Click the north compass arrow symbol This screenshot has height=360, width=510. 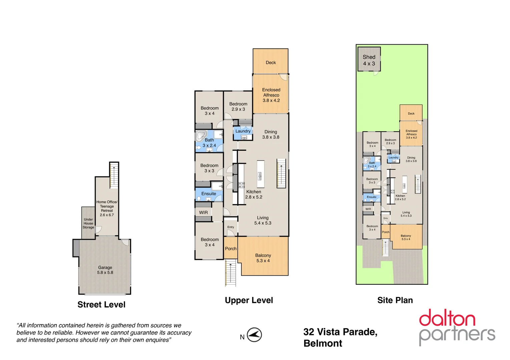[254, 335]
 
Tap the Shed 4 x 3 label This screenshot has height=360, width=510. [369, 60]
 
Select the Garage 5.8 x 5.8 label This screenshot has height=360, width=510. [105, 270]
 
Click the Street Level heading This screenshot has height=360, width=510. [101, 305]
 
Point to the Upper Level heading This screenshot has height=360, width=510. [249, 300]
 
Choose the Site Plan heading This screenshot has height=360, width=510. [395, 300]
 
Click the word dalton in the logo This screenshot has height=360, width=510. [447, 318]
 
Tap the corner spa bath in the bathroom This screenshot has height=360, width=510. [201, 136]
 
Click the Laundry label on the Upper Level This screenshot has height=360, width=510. [243, 131]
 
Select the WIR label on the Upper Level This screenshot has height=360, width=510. [203, 213]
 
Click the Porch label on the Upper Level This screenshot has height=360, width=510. [230, 249]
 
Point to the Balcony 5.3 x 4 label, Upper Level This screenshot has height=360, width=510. [263, 258]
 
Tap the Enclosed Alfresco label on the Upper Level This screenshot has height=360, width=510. [271, 95]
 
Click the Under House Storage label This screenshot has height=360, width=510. [88, 223]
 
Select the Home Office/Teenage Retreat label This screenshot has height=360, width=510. [107, 208]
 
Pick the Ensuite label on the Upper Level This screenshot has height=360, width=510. [209, 194]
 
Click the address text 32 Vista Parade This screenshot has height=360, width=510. [340, 332]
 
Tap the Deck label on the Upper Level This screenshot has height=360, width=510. [271, 63]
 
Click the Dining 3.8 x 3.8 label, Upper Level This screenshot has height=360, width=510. [271, 134]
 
